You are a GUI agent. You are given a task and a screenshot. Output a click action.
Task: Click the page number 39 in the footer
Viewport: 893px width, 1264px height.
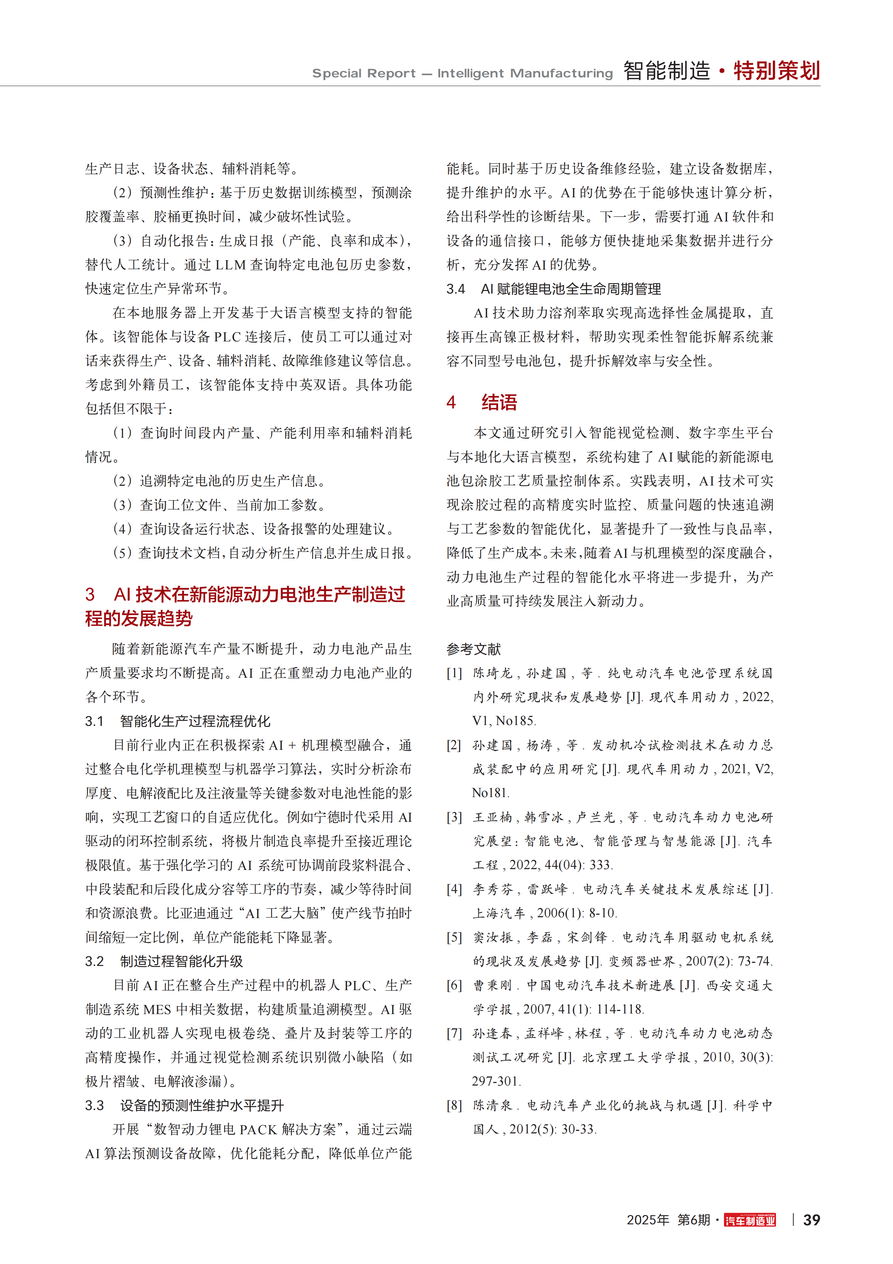click(x=811, y=1220)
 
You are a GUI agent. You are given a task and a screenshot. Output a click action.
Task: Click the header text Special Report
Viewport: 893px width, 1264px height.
click(x=364, y=73)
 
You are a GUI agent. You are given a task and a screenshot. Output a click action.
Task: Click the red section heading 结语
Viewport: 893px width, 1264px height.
click(x=499, y=402)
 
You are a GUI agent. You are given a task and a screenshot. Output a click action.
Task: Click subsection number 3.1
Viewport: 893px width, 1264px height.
click(x=94, y=721)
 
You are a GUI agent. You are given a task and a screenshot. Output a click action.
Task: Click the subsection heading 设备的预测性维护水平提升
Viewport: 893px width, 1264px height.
click(x=202, y=1106)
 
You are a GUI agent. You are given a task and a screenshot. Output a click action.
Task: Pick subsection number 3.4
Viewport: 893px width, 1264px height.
click(x=456, y=289)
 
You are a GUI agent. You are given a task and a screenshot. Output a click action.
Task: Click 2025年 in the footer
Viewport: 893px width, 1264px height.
click(x=648, y=1220)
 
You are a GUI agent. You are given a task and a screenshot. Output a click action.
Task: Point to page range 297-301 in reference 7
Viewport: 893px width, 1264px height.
click(x=496, y=1081)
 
